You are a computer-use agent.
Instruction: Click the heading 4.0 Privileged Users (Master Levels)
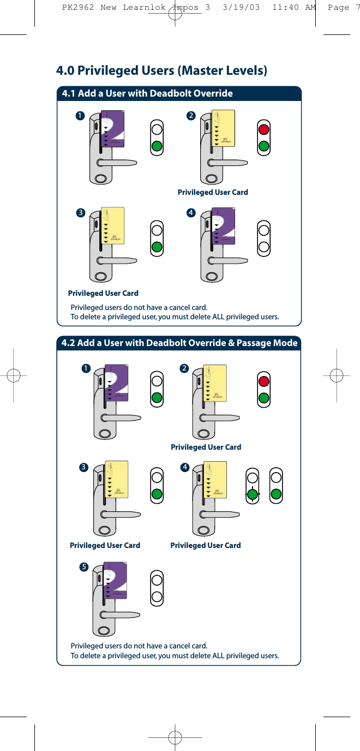coord(161,70)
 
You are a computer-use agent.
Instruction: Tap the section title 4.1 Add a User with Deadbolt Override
coord(147,93)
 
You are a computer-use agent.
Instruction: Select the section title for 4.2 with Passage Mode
coord(179,343)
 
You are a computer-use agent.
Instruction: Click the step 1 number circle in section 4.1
coord(80,116)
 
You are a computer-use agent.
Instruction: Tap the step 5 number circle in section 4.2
coord(84,567)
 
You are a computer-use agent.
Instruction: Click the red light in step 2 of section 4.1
coord(264,129)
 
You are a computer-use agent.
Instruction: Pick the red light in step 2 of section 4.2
coord(264,381)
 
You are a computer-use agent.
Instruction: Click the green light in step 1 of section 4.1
coord(157,146)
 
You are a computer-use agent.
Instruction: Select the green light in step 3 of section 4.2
coord(157,494)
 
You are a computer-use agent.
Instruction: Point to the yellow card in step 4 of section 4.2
coord(215,479)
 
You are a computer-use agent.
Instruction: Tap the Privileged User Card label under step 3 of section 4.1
coord(103,293)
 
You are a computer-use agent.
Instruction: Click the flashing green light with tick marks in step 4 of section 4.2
coord(252,494)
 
